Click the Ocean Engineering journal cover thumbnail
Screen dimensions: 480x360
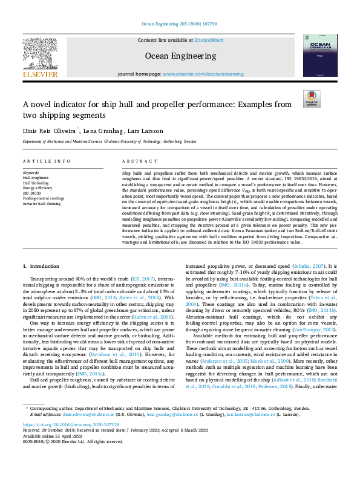(x=320, y=55)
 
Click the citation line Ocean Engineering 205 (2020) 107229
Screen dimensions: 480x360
(x=180, y=24)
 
